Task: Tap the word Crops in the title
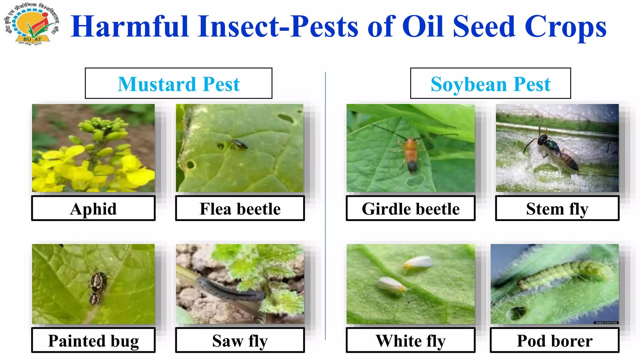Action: [x=565, y=27]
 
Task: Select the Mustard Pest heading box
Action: [x=178, y=83]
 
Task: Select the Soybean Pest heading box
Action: [x=490, y=83]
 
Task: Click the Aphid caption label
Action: [x=93, y=208]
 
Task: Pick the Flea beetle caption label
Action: [x=240, y=208]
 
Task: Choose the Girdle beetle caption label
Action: [x=410, y=208]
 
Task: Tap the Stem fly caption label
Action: [x=557, y=208]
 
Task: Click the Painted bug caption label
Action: [x=93, y=340]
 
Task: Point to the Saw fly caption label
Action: [x=240, y=340]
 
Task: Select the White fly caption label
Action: [x=410, y=340]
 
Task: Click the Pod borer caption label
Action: [x=554, y=340]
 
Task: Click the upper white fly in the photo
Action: [x=417, y=262]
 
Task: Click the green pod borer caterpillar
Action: [x=562, y=272]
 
